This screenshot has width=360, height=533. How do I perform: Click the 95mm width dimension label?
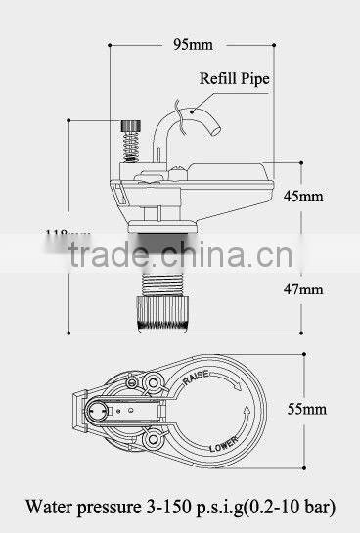pyautogui.click(x=194, y=45)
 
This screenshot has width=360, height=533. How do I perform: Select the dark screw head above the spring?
pyautogui.click(x=126, y=125)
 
